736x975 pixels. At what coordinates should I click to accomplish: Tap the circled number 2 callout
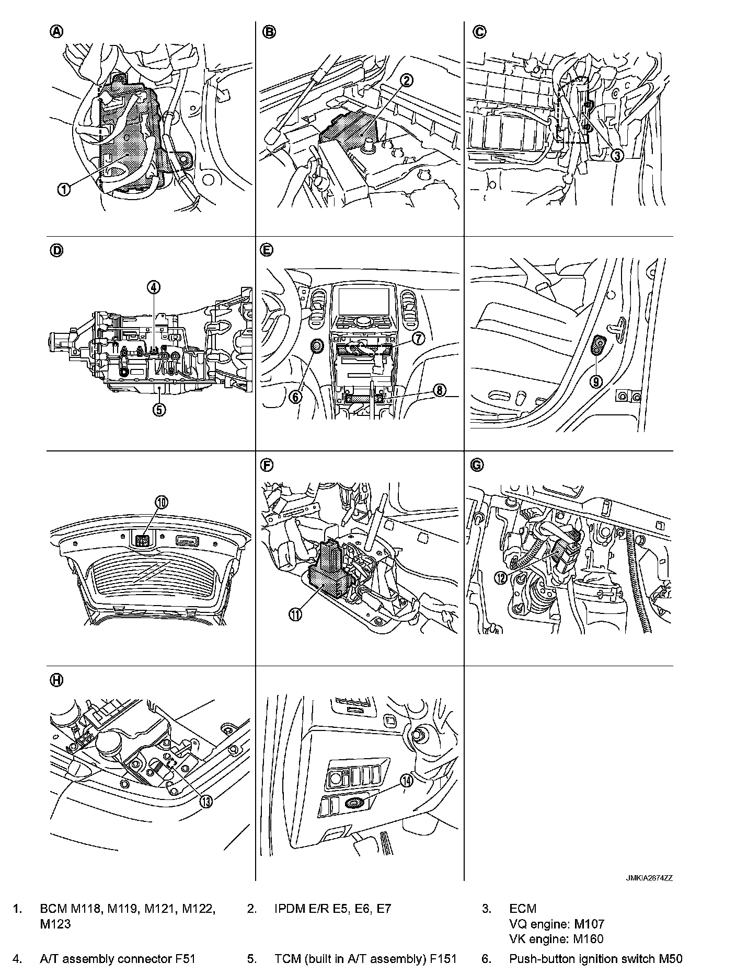point(407,80)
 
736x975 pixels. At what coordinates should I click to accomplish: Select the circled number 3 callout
point(617,155)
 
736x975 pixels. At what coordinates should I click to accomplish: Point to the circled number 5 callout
point(159,409)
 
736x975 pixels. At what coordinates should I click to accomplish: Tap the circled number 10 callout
point(162,502)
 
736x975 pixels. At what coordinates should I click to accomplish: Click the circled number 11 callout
point(295,614)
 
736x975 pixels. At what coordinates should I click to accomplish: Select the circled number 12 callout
point(502,577)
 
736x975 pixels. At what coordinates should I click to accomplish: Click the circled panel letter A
point(56,32)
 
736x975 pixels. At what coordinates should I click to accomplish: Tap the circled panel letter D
point(56,250)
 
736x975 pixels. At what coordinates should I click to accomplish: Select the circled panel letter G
point(477,465)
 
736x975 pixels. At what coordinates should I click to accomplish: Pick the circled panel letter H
point(56,680)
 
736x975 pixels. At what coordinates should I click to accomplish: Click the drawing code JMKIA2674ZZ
point(649,878)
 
